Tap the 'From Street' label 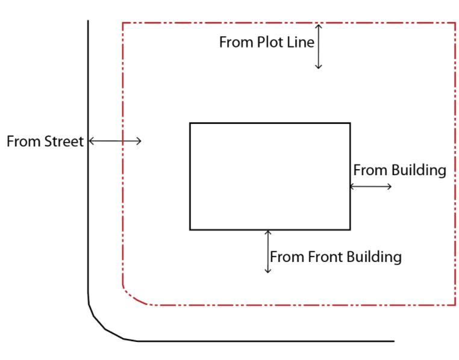tap(45, 142)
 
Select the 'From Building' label tap(399, 170)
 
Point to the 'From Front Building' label tap(336, 257)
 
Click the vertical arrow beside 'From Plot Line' tap(319, 46)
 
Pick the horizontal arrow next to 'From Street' tap(115, 141)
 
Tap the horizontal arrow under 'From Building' tap(370, 187)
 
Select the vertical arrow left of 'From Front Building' tap(268, 251)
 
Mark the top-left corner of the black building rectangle tap(190, 123)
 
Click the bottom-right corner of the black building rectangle tap(350, 229)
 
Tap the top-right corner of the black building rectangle tap(350, 123)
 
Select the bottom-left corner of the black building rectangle tap(190, 229)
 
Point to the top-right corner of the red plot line tap(455, 23)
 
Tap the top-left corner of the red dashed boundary tap(123, 23)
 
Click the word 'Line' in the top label tap(299, 43)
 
